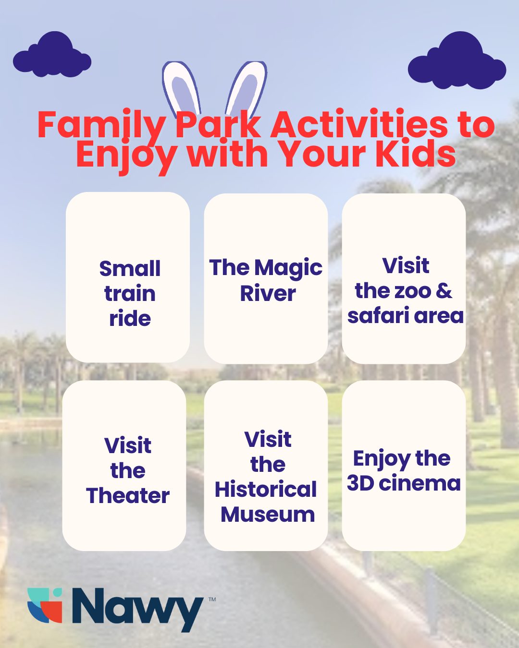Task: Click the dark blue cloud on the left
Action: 52,57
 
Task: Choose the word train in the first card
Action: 130,293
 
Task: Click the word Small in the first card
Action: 130,268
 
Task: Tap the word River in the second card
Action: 268,293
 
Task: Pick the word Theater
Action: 128,495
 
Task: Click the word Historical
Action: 266,489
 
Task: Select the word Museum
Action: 268,514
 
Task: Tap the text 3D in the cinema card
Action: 360,483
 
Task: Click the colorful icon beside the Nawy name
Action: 45,605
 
